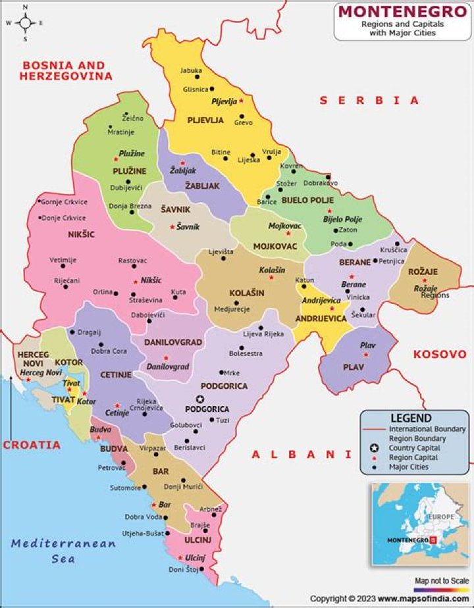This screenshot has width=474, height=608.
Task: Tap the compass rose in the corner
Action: pos(25,23)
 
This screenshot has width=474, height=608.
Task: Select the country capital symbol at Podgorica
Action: pos(200,399)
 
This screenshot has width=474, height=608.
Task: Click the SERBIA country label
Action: pos(369,101)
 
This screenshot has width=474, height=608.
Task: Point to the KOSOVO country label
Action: pos(439,354)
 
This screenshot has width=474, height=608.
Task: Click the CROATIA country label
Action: pos(32,445)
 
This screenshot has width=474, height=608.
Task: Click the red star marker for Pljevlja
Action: pos(242,101)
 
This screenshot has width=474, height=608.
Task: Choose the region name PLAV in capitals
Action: pos(353,367)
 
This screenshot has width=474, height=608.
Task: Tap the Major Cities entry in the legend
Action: pos(409,467)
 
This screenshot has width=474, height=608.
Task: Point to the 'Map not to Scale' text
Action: pos(442,581)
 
